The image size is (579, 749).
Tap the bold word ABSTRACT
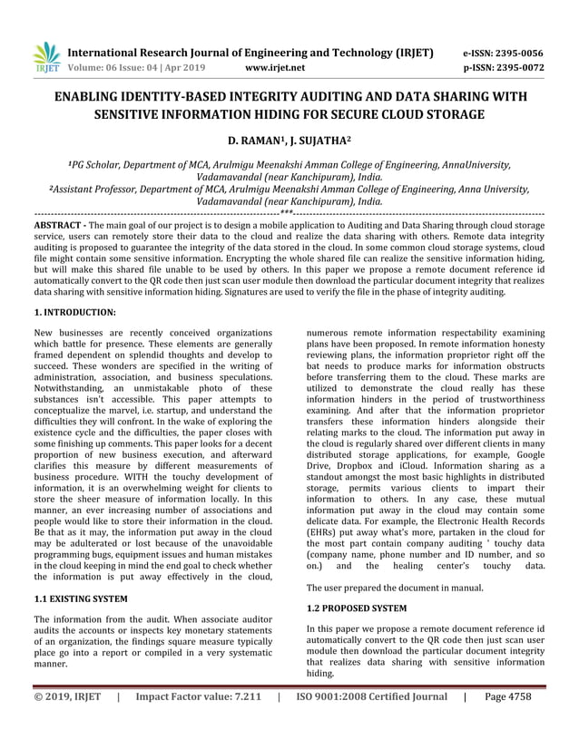coord(60,222)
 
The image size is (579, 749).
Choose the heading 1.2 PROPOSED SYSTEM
coord(357,607)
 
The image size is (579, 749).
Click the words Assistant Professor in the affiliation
coord(94,189)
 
